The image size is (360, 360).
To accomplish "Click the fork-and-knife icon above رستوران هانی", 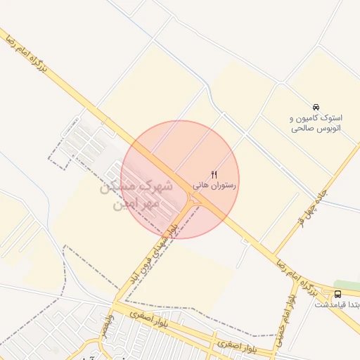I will (x=214, y=174).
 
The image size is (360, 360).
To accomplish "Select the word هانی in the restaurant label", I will (x=200, y=185).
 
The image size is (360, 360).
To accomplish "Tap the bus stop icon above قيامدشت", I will (x=338, y=293).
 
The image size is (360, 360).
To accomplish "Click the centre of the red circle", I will (x=180, y=179).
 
